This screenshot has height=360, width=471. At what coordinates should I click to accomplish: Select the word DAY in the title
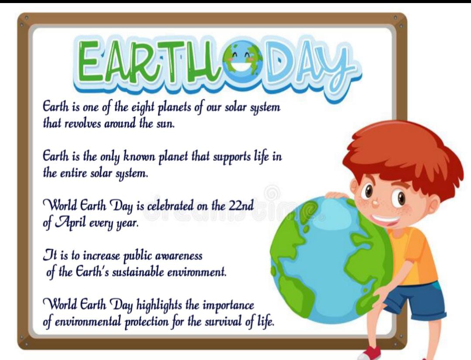(x=308, y=67)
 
